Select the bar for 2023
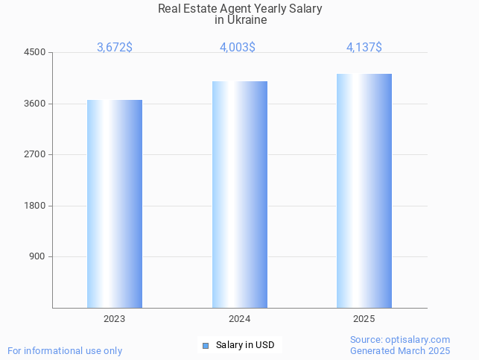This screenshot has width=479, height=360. (x=115, y=203)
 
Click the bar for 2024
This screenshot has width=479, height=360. (x=240, y=195)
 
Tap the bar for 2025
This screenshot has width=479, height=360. (x=364, y=191)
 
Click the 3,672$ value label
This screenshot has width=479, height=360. (x=115, y=48)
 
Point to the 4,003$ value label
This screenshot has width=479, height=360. (x=238, y=48)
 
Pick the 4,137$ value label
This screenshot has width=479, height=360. (x=364, y=48)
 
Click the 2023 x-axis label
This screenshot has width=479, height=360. (x=115, y=319)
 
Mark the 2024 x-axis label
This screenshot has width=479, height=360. (x=240, y=319)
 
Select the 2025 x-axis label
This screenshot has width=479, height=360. (x=364, y=319)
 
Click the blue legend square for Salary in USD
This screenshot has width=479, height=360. (x=206, y=345)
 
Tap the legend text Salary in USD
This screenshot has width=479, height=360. (x=245, y=345)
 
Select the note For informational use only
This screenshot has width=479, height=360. (x=65, y=350)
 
